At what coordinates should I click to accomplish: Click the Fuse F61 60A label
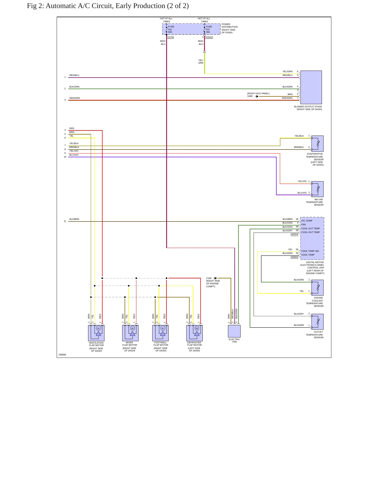[171, 29]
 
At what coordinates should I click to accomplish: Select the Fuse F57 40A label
[209, 29]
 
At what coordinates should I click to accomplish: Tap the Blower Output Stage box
[311, 87]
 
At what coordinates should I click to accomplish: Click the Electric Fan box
[234, 331]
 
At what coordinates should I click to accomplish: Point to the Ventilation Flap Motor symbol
[96, 333]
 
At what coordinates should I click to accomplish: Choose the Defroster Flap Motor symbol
[194, 333]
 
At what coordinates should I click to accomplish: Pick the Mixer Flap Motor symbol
[130, 333]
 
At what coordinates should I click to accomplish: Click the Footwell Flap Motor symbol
[160, 333]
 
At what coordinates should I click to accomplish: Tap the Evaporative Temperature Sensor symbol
[317, 144]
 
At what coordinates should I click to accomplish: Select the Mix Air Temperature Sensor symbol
[317, 189]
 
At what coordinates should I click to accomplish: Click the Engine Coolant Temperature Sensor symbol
[317, 288]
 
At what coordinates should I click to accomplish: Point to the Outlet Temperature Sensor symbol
[317, 322]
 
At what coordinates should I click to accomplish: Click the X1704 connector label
[171, 37]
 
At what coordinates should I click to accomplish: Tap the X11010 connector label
[209, 37]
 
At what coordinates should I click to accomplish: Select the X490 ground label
[250, 96]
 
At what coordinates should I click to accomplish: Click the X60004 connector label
[294, 234]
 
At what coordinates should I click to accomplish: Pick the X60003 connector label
[294, 257]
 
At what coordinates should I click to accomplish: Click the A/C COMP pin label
[307, 221]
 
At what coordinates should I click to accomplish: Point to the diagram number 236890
[62, 355]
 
